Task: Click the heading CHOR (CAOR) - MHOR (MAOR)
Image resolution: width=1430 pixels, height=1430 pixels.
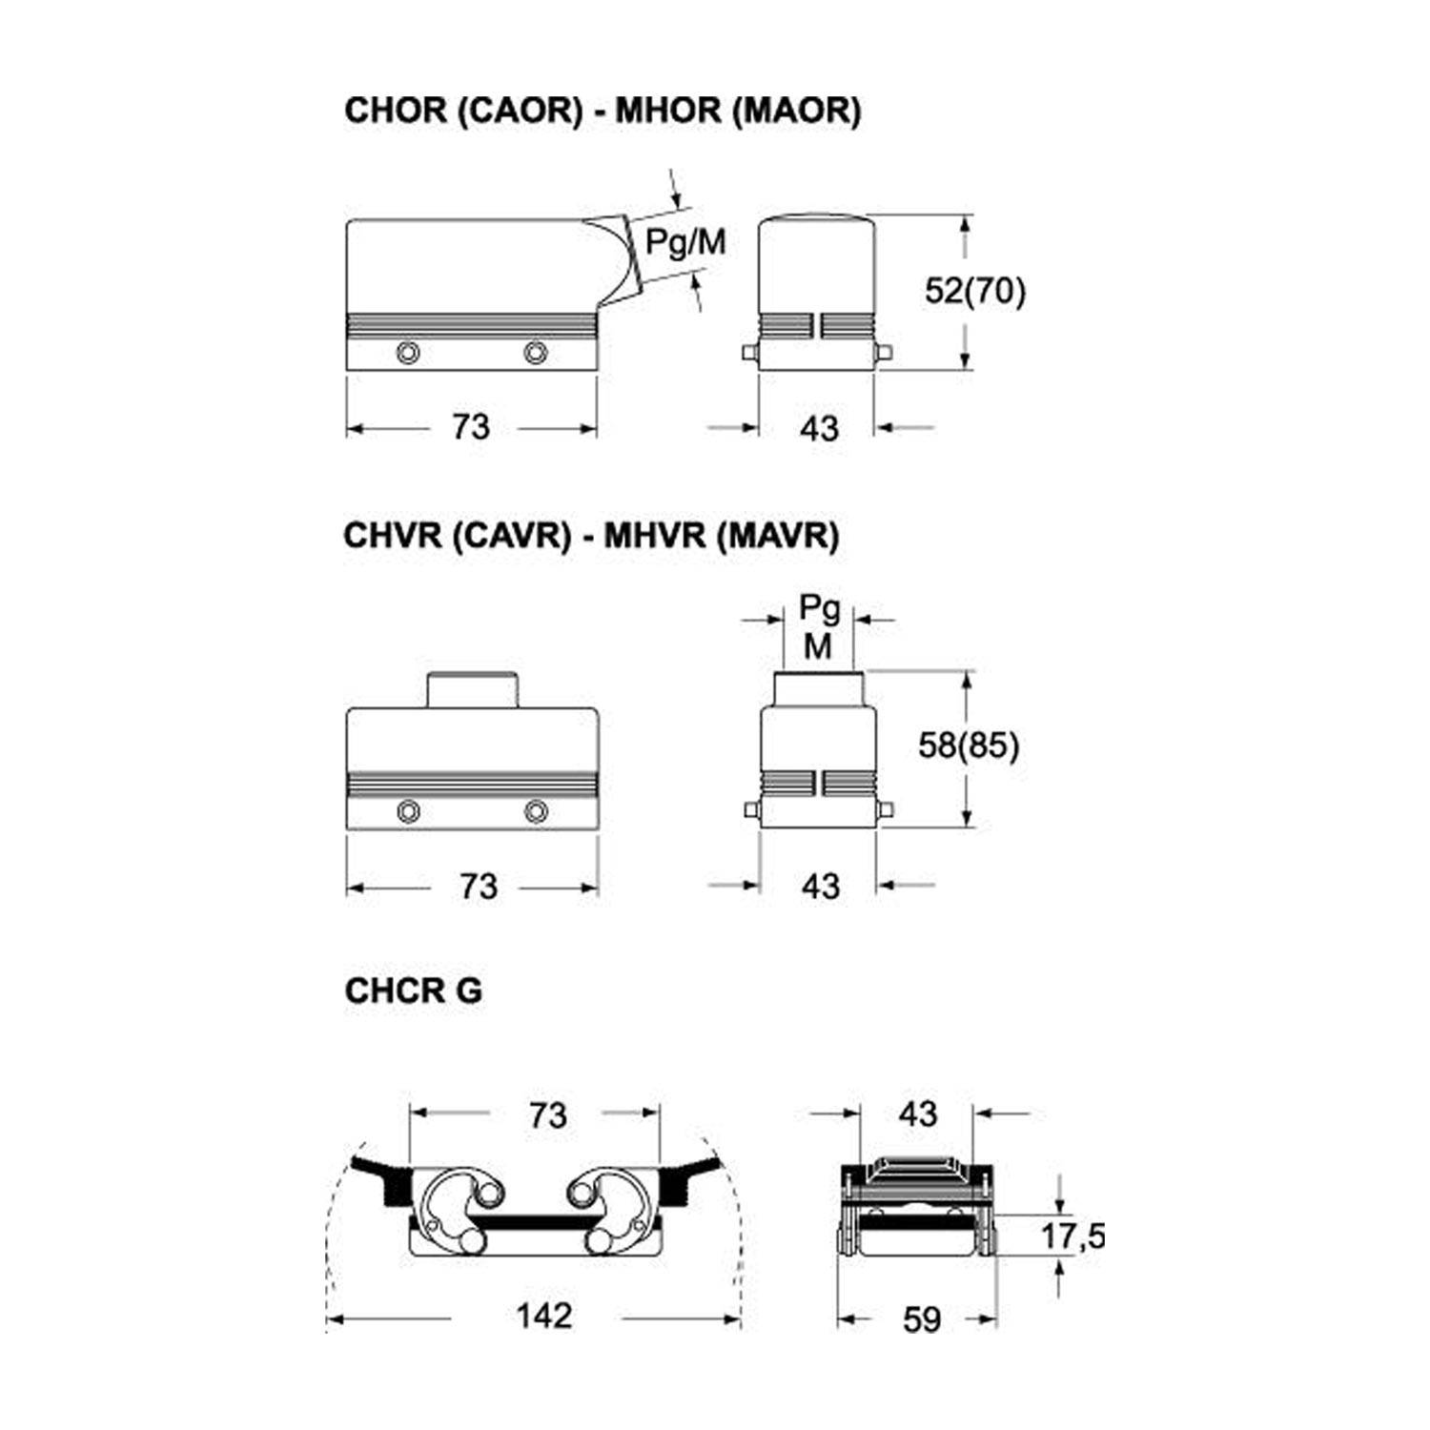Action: [603, 111]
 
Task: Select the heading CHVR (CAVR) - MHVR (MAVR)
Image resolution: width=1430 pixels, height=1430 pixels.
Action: [591, 536]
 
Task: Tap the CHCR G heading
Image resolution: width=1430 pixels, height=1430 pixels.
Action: [414, 991]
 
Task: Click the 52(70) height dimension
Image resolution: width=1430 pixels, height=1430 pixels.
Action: [975, 290]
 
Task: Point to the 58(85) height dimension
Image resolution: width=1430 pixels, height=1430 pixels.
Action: [969, 746]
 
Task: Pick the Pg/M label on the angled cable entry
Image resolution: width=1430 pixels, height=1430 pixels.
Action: [685, 242]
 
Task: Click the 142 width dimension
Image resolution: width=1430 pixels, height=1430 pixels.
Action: [544, 1316]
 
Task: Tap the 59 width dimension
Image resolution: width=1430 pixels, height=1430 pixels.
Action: [921, 1319]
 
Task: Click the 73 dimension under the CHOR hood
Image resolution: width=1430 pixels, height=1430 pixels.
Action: [471, 427]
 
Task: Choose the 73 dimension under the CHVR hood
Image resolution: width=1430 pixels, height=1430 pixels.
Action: [479, 887]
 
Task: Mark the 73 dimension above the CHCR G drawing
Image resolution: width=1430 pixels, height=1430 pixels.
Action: [548, 1114]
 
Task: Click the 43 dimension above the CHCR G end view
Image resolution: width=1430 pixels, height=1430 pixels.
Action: [917, 1113]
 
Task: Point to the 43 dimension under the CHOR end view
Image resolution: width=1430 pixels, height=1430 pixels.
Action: [820, 429]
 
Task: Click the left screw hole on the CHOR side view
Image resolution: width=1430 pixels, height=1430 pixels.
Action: [409, 353]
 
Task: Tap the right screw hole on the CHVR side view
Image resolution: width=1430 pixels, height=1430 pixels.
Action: [537, 812]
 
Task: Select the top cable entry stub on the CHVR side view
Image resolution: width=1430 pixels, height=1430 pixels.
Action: [472, 690]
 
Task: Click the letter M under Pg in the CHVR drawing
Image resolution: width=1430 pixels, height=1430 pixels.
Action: [818, 646]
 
